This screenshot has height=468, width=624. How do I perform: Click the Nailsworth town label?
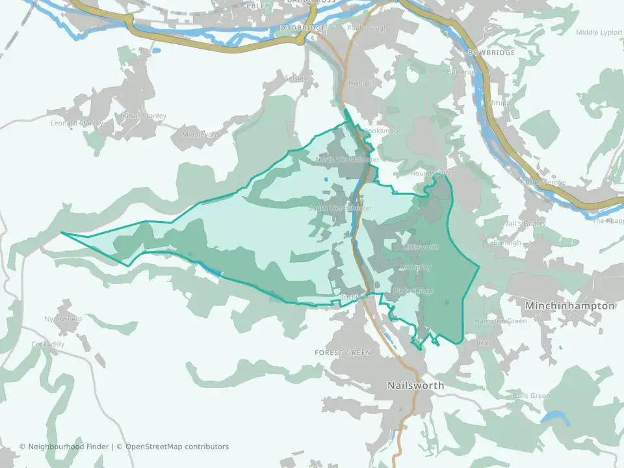415,385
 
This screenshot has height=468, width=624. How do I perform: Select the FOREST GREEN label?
343,353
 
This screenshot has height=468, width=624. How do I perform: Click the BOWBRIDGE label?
491,53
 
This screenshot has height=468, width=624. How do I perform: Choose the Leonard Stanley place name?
77,123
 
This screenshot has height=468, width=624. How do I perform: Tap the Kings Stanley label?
144,116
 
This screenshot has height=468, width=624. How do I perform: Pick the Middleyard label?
200,135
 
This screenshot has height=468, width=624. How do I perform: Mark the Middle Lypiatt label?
599,32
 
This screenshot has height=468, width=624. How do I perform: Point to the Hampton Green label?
500,321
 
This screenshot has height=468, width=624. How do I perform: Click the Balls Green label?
530,396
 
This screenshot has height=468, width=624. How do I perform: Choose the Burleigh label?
507,243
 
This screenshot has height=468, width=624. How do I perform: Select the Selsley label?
295,78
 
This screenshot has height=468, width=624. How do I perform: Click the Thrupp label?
500,103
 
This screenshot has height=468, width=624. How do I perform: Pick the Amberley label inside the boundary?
416,267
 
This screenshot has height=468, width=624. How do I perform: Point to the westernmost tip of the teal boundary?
62,233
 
